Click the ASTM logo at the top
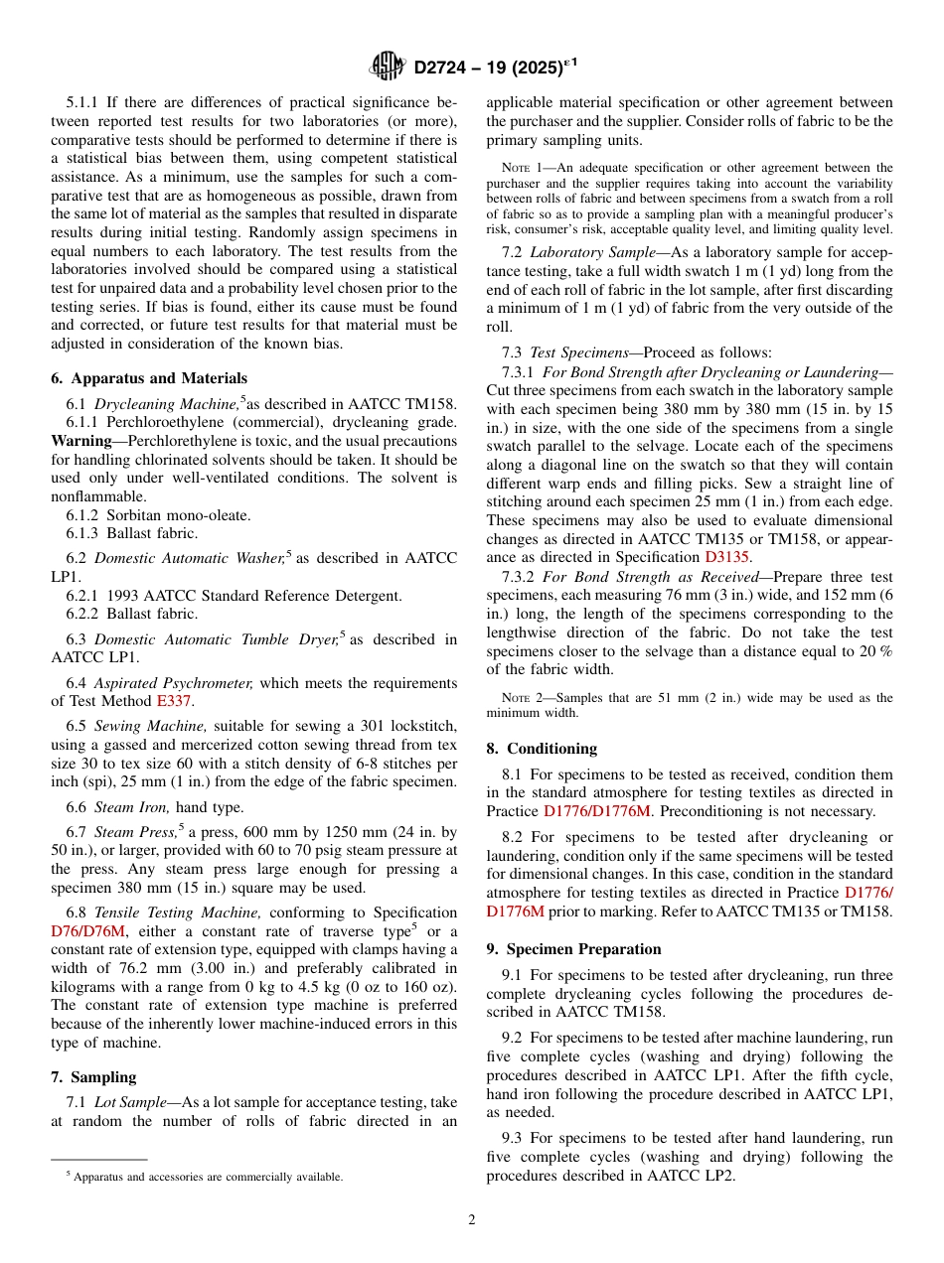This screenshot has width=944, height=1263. [387, 67]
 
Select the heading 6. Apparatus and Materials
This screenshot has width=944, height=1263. [149, 378]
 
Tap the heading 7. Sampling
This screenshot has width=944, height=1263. [93, 1077]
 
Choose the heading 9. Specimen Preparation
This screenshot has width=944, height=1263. [573, 949]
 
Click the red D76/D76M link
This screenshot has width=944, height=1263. [88, 931]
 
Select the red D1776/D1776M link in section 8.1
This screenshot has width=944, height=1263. [596, 811]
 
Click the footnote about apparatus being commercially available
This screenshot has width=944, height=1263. [204, 1177]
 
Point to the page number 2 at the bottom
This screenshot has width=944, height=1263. [472, 1220]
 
